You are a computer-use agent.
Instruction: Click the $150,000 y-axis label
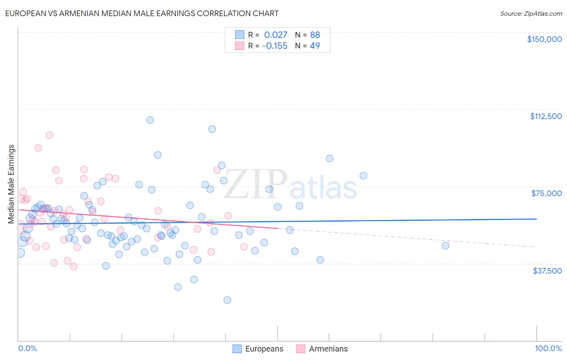click(x=544, y=39)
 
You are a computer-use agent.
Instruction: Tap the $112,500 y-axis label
click(x=546, y=116)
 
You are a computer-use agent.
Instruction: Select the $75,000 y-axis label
click(x=546, y=193)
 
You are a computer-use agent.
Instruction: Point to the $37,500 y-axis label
click(x=547, y=270)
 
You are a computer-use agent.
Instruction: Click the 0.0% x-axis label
click(x=27, y=348)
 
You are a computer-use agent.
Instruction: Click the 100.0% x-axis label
click(x=548, y=348)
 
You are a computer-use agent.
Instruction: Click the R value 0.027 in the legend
click(x=275, y=35)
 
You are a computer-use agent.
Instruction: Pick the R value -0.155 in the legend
click(x=274, y=46)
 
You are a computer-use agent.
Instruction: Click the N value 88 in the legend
click(x=315, y=35)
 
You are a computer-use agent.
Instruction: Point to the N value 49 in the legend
click(x=315, y=46)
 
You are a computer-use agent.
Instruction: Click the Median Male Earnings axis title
click(x=11, y=184)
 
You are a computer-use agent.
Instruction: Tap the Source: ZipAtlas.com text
click(x=531, y=14)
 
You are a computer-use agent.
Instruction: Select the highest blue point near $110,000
click(x=150, y=120)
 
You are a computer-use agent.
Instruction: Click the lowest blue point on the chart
click(x=227, y=300)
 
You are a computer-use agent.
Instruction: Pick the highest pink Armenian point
click(x=49, y=135)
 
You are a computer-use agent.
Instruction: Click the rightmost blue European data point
click(x=445, y=245)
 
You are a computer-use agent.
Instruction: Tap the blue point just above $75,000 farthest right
click(x=363, y=175)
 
